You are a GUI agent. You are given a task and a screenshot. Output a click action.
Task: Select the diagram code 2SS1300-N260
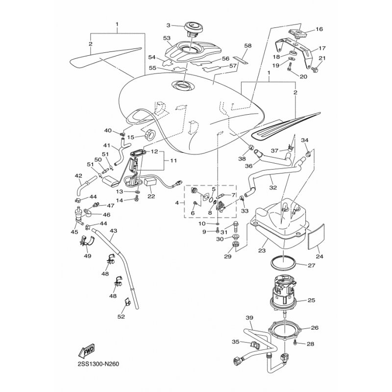click(98, 364)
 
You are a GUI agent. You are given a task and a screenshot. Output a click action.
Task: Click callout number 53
click(167, 38)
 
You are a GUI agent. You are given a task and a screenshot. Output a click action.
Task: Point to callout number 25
click(312, 300)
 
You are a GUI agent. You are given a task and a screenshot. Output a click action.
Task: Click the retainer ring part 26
click(285, 330)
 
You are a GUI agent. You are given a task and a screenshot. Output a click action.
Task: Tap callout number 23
click(262, 250)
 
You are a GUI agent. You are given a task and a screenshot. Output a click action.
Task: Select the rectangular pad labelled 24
click(316, 237)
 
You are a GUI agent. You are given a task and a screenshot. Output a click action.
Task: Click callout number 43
click(114, 231)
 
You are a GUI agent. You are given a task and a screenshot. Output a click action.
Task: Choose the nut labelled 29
click(235, 244)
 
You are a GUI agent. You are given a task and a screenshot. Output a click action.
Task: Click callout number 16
click(319, 29)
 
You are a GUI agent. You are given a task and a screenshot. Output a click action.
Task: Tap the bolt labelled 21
click(315, 70)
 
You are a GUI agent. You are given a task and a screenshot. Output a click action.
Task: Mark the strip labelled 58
click(241, 60)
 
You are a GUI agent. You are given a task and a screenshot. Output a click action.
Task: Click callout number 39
click(249, 318)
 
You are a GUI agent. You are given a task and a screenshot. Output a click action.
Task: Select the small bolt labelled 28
click(295, 342)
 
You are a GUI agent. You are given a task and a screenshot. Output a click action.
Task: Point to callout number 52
click(121, 317)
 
